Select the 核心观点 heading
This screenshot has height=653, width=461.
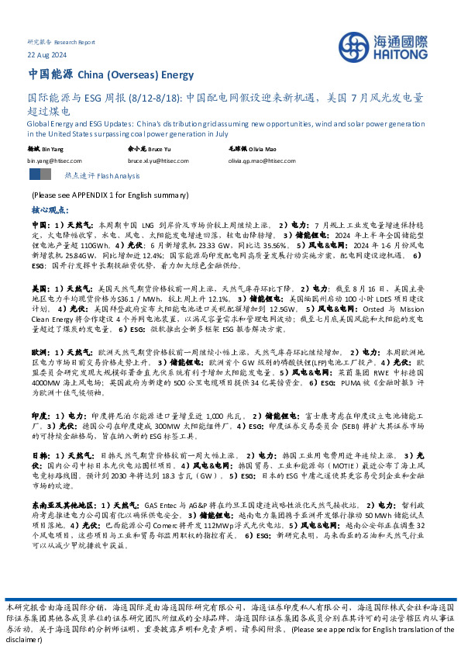(49, 209)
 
